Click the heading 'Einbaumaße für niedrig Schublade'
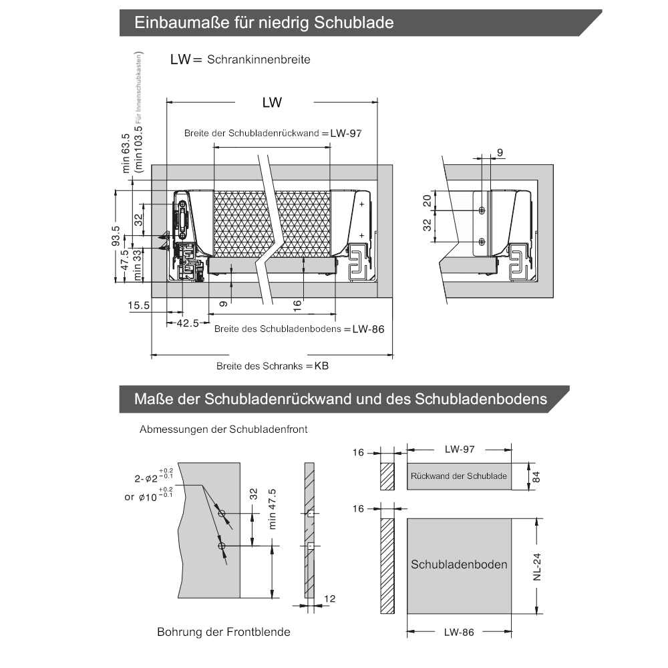[x=264, y=23]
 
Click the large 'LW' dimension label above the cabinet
[x=272, y=103]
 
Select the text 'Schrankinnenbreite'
[x=259, y=59]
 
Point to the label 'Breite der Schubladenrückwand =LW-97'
[x=273, y=133]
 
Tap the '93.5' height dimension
[x=116, y=236]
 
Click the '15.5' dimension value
[x=139, y=305]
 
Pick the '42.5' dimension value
[x=188, y=323]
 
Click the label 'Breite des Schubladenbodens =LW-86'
[x=299, y=329]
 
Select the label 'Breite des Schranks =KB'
[x=273, y=366]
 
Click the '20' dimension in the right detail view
[x=427, y=200]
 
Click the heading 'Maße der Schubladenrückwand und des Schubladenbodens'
[x=341, y=399]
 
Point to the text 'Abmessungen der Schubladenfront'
[x=224, y=430]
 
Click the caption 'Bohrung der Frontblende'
[x=224, y=631]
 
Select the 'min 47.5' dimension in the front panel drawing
[x=272, y=509]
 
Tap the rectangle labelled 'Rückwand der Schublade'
[x=459, y=476]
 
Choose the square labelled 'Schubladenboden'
[x=459, y=564]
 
